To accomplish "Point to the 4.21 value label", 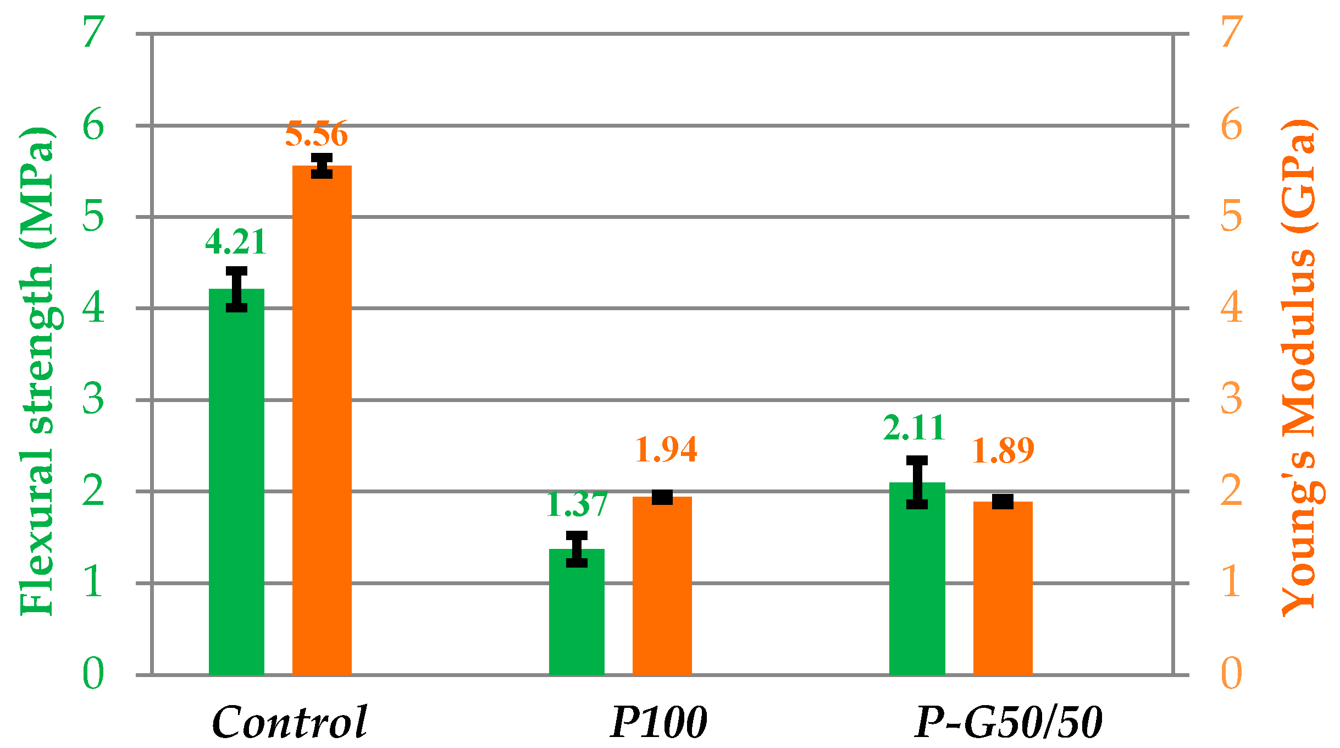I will click(x=236, y=242).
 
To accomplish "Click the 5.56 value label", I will click(x=316, y=134).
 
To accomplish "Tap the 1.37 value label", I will click(x=577, y=504).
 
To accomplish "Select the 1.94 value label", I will click(x=666, y=449).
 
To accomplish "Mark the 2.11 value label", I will click(x=914, y=428).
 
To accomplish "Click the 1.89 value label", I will click(x=1003, y=450).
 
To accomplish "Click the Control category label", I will click(x=290, y=722).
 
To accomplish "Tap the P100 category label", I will click(x=658, y=722).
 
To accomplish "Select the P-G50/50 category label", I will click(x=1008, y=722).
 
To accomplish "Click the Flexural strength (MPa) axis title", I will click(x=37, y=371).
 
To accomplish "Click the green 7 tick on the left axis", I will click(x=93, y=32).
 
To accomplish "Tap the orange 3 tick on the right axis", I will click(x=1231, y=399).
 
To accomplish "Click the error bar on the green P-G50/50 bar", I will click(x=917, y=482).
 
